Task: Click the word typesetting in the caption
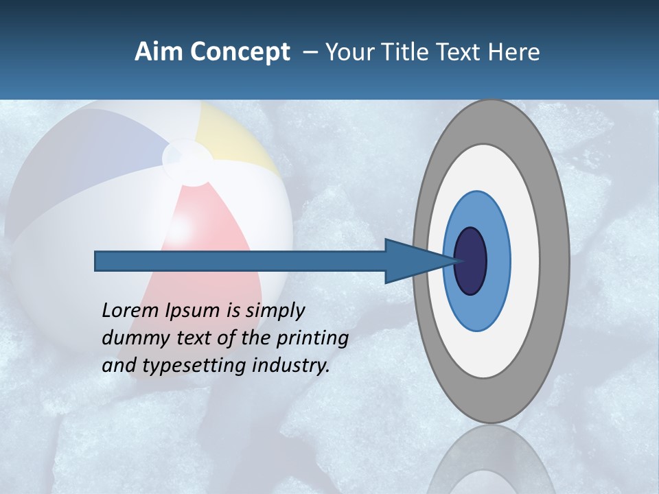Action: coord(195,366)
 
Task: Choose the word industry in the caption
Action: coord(291,365)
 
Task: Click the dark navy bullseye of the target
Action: coord(472,261)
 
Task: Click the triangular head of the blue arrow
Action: coord(412,261)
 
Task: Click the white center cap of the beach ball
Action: coord(187,162)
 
